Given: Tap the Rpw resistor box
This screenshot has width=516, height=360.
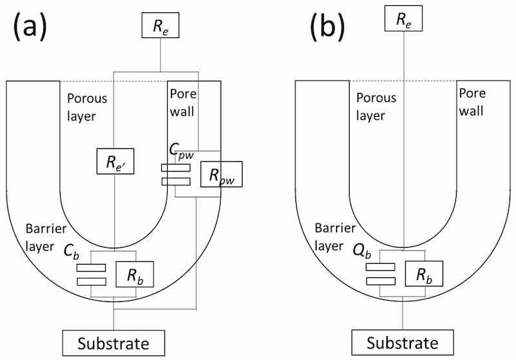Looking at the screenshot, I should point(221,174).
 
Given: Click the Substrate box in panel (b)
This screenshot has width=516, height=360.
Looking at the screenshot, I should point(403,342).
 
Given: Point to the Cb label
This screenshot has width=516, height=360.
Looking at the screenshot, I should point(72,250).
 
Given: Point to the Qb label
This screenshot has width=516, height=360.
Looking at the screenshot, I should point(362,250).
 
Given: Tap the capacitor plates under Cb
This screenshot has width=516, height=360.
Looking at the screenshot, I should point(91,274).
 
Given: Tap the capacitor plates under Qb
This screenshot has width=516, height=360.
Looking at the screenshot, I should point(379,274).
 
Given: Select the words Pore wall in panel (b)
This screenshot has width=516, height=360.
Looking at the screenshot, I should point(471,102).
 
